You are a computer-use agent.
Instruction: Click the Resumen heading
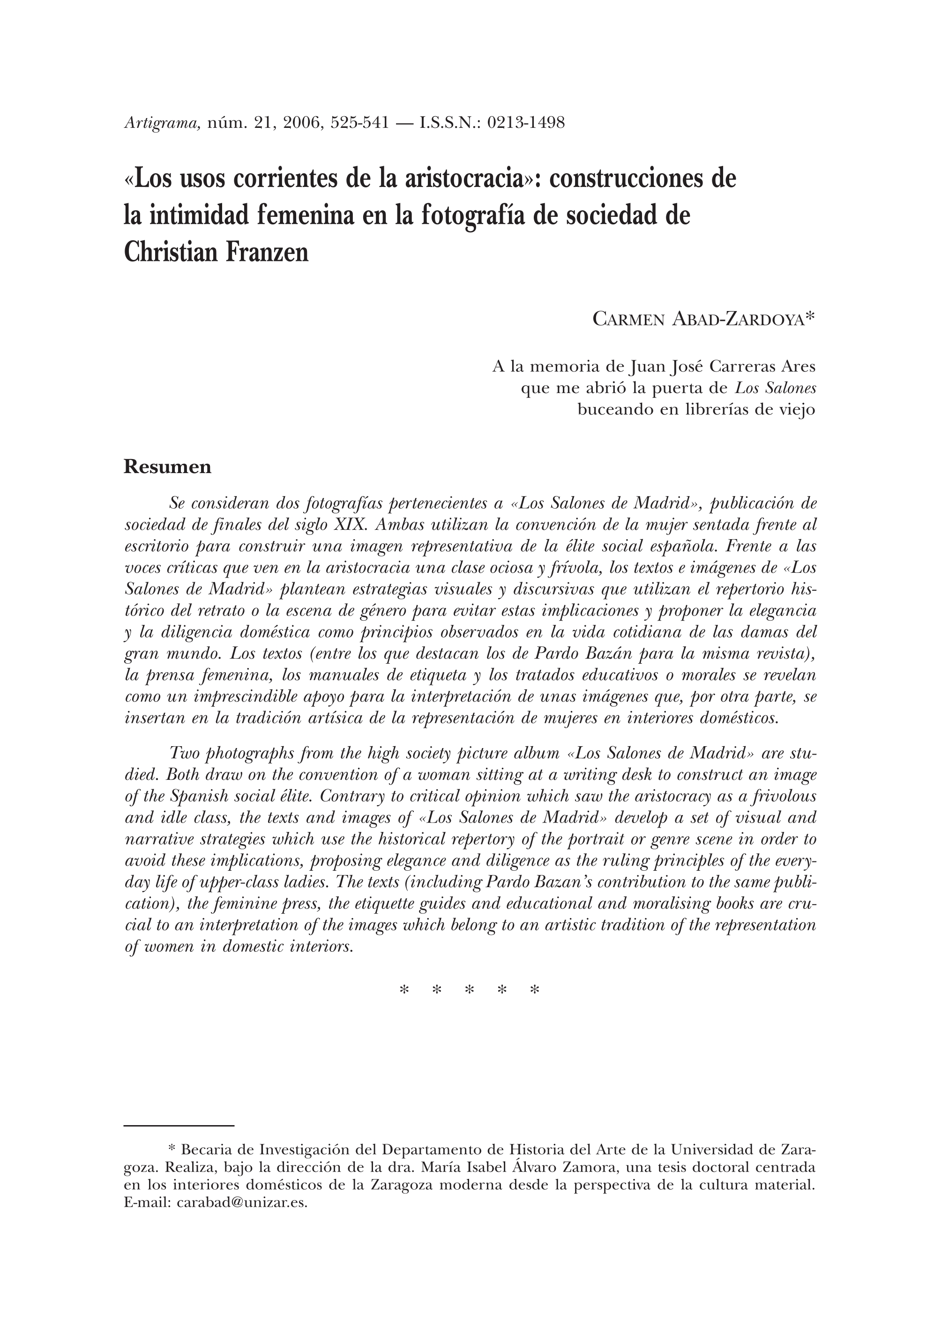click(x=167, y=467)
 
